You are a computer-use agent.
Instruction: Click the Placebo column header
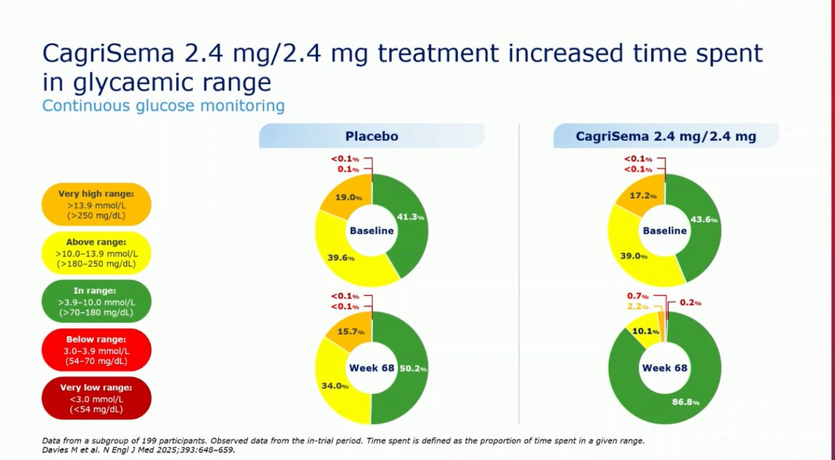tap(372, 136)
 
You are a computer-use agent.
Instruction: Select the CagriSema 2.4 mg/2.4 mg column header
tap(666, 137)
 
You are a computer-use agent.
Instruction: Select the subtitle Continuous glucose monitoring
tap(163, 106)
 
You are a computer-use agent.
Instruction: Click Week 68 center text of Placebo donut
tap(372, 367)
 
